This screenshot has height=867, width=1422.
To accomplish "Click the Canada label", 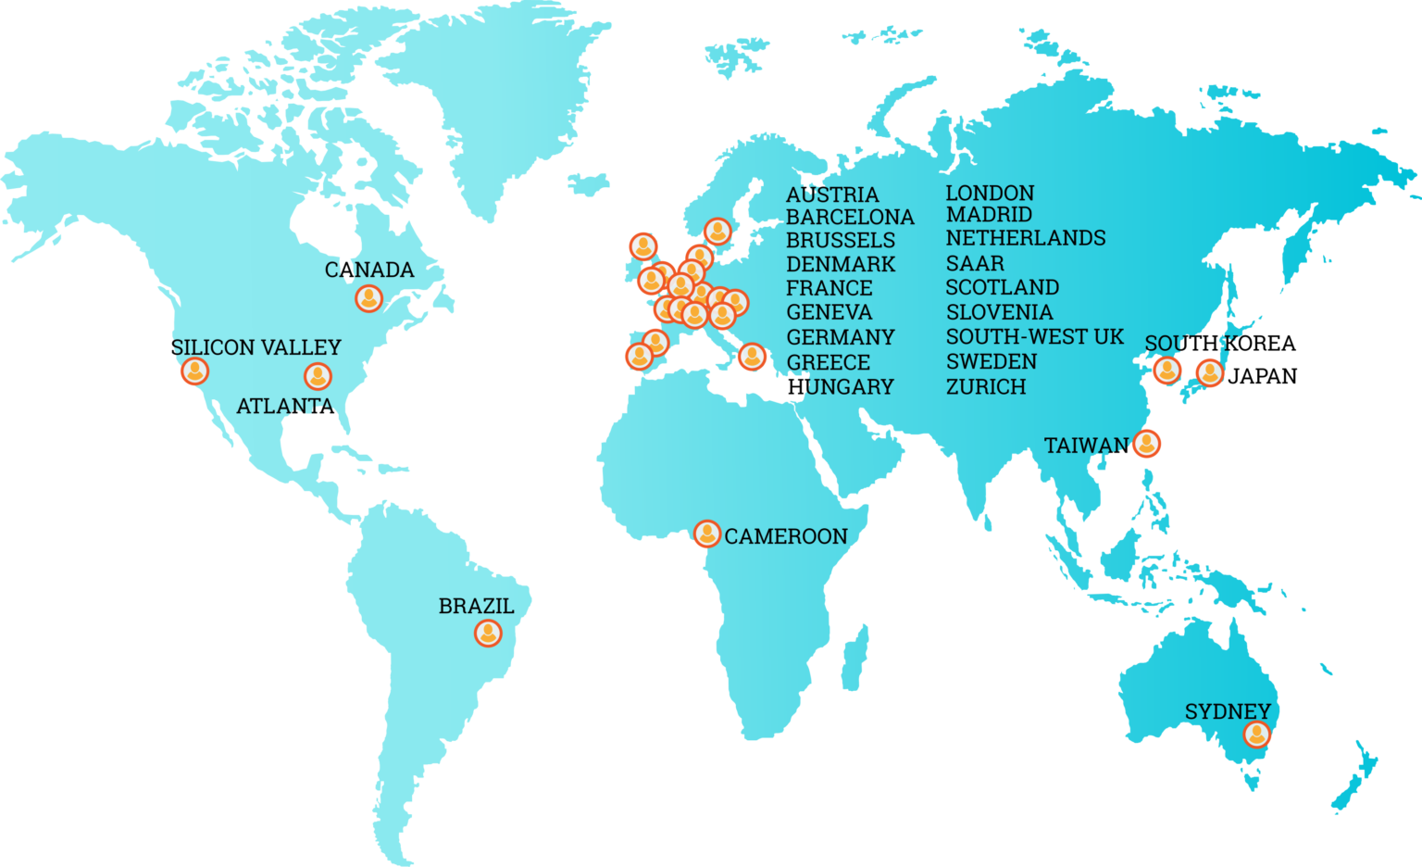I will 369,270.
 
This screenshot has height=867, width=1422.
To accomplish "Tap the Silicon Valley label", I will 256,347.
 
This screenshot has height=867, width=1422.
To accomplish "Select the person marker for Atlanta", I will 318,376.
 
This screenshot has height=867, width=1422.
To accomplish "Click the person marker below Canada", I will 368,298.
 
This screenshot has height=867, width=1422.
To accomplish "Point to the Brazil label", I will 476,606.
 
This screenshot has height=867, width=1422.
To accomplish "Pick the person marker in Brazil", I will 488,634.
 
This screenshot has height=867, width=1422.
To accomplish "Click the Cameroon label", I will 785,536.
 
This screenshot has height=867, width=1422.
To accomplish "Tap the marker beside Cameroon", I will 707,534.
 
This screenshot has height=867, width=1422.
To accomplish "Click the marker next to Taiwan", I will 1146,444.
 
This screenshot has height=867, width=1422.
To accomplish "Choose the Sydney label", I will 1228,711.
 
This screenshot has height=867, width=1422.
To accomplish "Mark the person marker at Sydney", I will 1256,735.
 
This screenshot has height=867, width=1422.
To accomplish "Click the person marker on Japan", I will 1209,372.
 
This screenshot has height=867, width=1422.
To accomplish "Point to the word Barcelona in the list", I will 850,217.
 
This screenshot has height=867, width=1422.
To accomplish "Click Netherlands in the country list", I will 1026,238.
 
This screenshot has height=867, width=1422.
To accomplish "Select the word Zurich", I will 986,386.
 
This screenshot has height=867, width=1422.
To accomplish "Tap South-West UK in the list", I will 1034,337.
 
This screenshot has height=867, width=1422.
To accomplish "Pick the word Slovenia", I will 999,312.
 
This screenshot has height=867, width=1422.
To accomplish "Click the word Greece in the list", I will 829,362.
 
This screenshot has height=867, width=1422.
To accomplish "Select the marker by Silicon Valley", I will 194,371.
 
